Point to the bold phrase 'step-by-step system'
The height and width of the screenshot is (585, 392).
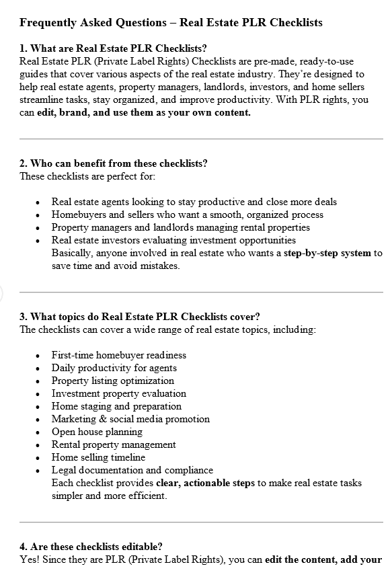coord(327,253)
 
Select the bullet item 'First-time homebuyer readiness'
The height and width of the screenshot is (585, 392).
coord(118,355)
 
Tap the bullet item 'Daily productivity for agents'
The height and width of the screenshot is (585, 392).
coord(114,368)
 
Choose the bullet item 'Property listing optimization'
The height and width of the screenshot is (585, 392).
coord(112,381)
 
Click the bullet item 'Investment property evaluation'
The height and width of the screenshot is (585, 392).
coord(118,393)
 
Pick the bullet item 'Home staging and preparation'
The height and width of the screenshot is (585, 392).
coord(116,406)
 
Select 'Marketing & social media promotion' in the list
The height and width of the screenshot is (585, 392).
coord(130,419)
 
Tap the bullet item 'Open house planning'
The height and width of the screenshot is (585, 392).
coord(97,432)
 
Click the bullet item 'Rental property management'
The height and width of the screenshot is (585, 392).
coord(114,444)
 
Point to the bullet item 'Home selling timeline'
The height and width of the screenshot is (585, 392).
coord(98,457)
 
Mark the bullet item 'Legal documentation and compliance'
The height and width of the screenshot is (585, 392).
coord(132,470)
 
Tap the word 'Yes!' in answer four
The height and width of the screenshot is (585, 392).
coord(29,559)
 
